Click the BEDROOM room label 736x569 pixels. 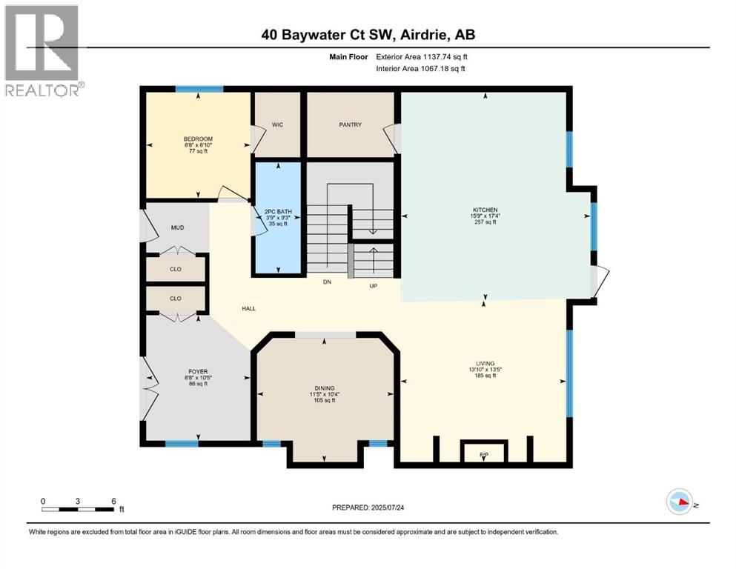pos(198,139)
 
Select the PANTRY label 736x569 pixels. pos(350,125)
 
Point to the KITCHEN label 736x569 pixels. pos(485,210)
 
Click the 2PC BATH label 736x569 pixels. pos(278,213)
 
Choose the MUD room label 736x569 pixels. pos(177,228)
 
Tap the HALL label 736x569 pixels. pos(248,308)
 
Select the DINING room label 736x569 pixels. pos(323,388)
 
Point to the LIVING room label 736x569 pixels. pos(485,364)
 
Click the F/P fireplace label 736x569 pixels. pos(484,453)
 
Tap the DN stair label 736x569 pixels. pos(327,282)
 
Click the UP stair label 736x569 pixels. pos(374,285)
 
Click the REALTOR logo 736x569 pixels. pos(42,50)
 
